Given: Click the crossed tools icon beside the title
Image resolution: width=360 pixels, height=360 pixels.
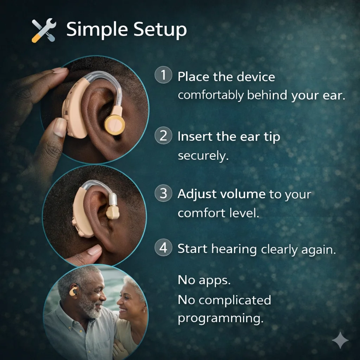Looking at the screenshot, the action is (44, 30).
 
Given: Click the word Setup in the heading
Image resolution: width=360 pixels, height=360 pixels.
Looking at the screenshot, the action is (160, 30).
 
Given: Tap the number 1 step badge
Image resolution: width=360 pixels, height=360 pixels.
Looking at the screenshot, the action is (163, 75).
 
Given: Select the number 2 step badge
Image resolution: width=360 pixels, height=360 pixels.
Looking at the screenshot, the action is (163, 135).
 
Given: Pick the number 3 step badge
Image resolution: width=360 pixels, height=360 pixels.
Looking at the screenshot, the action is (163, 193).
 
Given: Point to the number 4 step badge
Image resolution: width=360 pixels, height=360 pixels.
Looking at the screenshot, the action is (163, 247).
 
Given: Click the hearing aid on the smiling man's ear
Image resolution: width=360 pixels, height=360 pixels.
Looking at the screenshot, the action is (74, 290).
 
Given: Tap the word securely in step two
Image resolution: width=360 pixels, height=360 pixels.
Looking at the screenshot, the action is (203, 156).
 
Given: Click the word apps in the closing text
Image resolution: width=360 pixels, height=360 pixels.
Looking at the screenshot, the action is (214, 281).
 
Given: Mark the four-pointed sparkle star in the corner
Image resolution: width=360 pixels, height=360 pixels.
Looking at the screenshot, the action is (340, 340).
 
